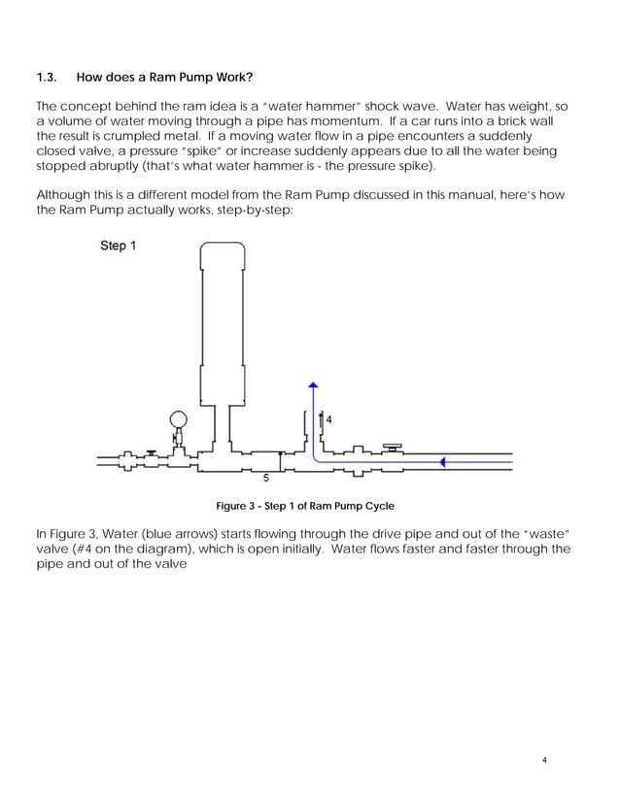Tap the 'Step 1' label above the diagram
click(x=119, y=246)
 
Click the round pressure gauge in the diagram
click(x=179, y=420)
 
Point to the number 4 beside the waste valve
click(x=328, y=419)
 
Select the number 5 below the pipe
click(x=267, y=478)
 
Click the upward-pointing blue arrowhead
click(x=312, y=386)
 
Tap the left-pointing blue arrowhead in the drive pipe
click(x=443, y=462)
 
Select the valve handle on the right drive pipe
click(x=393, y=446)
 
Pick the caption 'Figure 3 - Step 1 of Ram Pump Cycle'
click(x=304, y=506)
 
